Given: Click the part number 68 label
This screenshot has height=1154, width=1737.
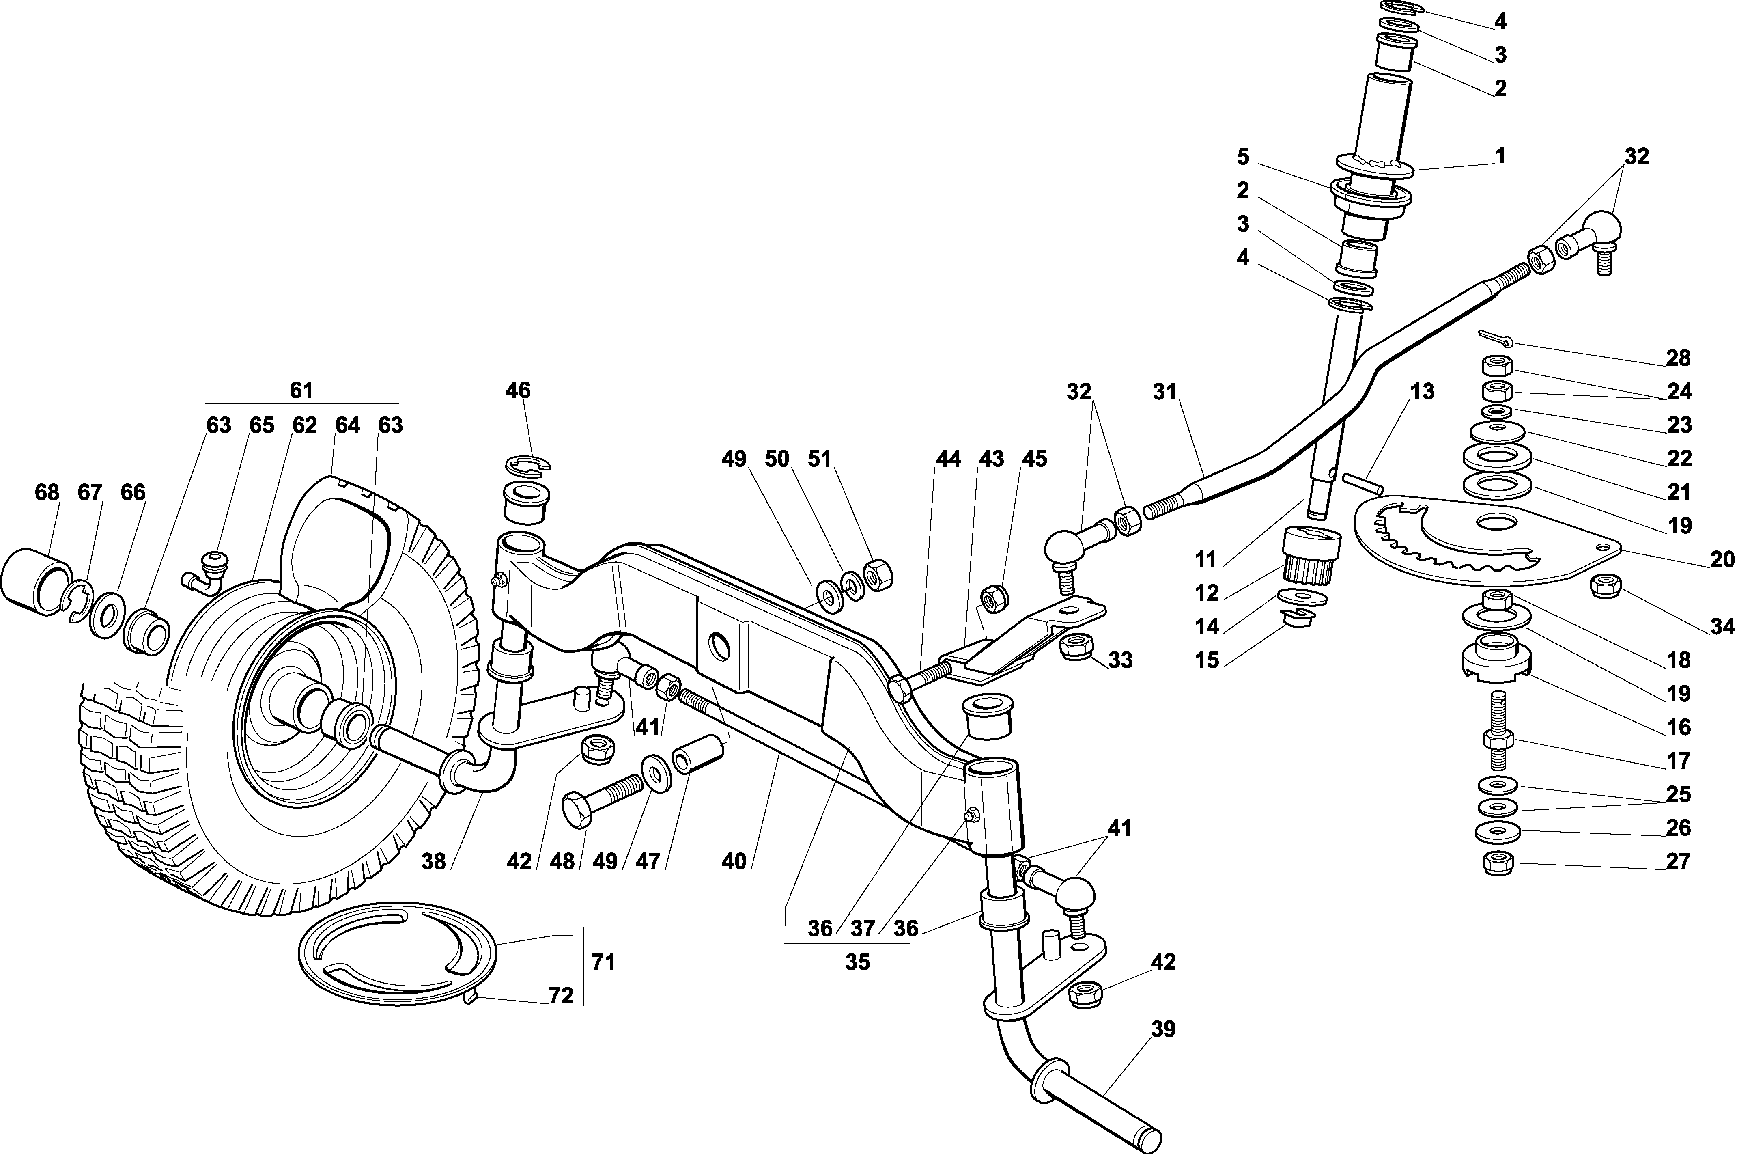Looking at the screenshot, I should tap(47, 492).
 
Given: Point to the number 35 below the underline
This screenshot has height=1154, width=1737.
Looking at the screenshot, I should tap(857, 962).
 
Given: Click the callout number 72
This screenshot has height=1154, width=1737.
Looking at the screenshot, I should tap(561, 996).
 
